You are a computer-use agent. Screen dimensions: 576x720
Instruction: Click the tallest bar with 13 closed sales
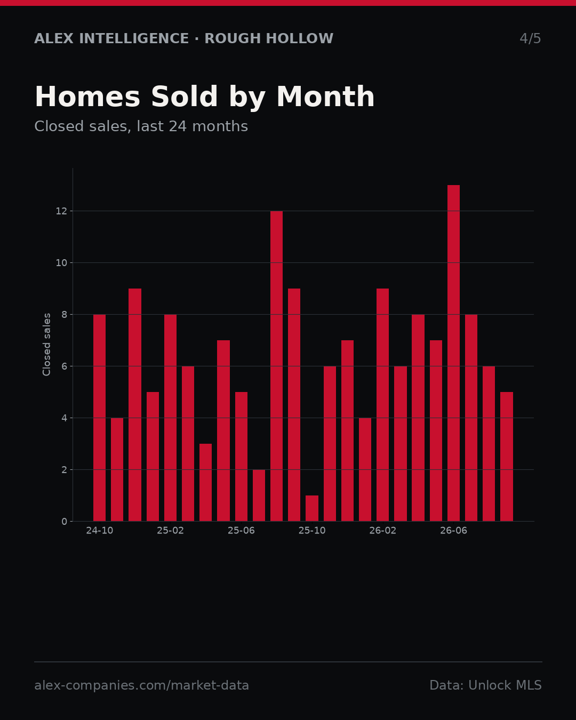tap(453, 353)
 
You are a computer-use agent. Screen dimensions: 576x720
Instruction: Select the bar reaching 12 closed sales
tap(276, 366)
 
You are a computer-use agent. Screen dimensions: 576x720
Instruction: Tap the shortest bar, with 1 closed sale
tap(312, 508)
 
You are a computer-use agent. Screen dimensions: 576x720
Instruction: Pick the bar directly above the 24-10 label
tap(99, 418)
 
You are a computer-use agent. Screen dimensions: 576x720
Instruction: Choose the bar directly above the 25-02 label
tap(170, 418)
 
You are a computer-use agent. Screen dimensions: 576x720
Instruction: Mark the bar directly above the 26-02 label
tap(382, 405)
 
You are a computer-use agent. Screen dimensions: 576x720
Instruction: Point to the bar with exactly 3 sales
tap(205, 483)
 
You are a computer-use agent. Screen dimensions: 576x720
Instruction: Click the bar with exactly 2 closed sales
tap(259, 495)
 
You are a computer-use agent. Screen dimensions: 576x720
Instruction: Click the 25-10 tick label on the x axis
tap(312, 531)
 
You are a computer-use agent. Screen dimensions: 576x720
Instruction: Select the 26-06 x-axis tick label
tap(453, 531)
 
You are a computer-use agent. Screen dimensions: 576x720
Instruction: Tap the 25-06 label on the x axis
tap(241, 531)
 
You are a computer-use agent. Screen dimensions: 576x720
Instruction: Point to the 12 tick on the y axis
tap(61, 211)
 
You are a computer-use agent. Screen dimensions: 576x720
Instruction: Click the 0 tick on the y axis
tap(64, 522)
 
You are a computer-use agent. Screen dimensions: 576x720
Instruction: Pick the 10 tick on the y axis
tap(61, 263)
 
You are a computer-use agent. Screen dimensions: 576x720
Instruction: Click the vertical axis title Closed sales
tap(47, 345)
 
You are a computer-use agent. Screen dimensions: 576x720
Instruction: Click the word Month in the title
tap(325, 97)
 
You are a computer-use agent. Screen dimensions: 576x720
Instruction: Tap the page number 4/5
tap(530, 38)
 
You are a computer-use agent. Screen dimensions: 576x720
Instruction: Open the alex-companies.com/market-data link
tap(141, 685)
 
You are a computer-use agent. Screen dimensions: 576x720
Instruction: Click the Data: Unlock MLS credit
tap(485, 685)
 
